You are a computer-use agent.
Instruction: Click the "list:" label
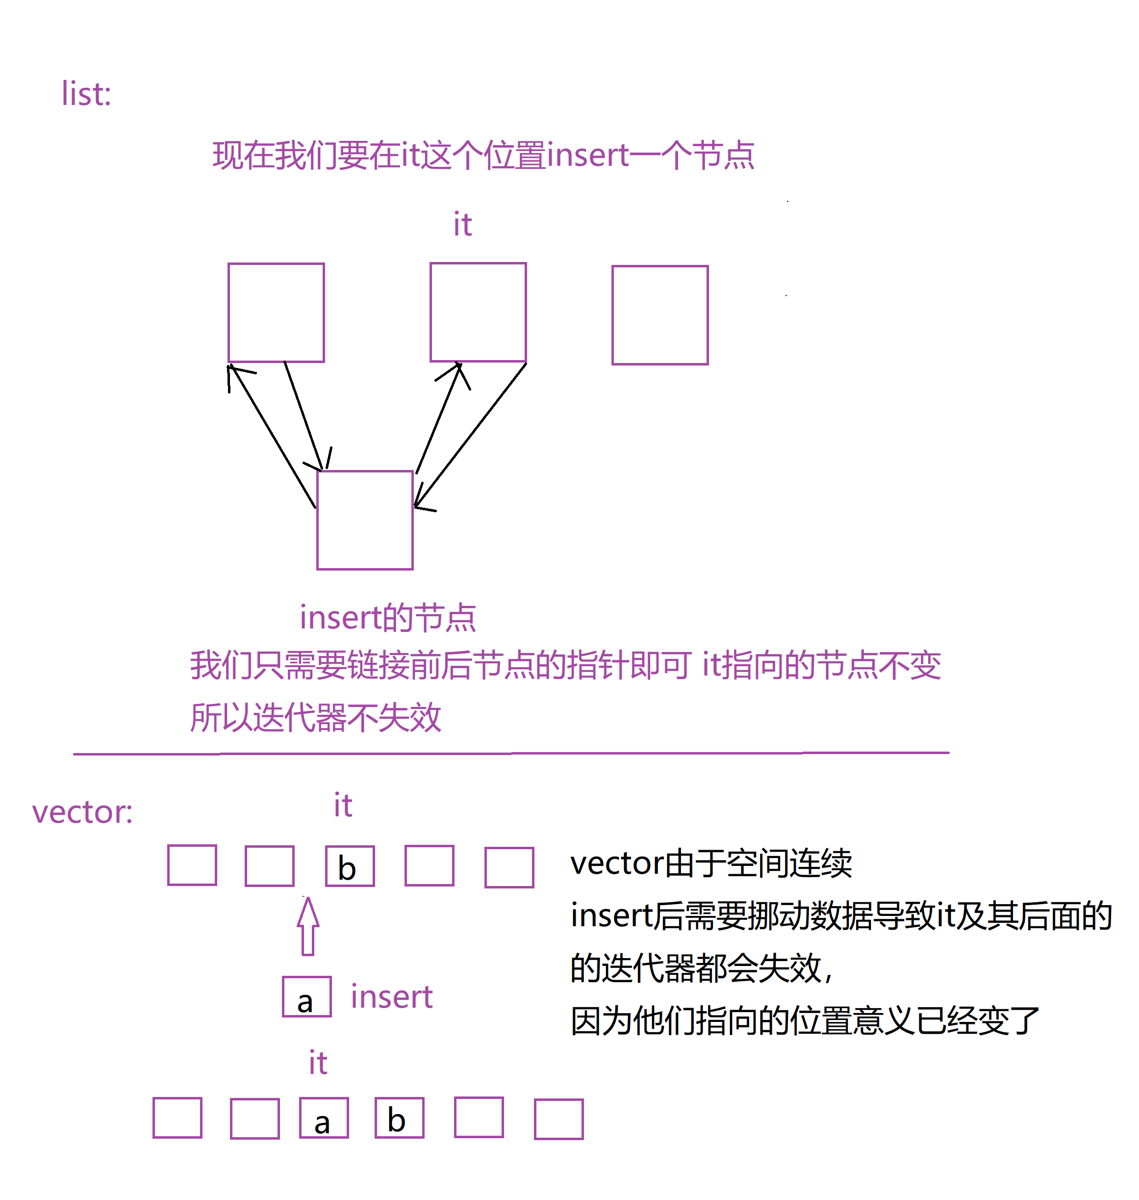click(x=86, y=94)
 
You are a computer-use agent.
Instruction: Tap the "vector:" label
click(x=82, y=812)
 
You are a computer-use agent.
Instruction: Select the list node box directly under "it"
click(x=479, y=313)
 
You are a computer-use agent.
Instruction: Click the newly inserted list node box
click(x=365, y=520)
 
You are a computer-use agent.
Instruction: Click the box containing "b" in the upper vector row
click(x=350, y=866)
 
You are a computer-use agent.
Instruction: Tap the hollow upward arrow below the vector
click(x=308, y=926)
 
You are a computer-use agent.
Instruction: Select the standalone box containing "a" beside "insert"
click(x=306, y=996)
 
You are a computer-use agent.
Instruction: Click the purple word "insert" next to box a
click(x=392, y=997)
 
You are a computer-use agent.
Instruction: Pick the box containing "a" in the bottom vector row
click(x=324, y=1118)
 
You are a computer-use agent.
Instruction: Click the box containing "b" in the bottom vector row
click(x=400, y=1118)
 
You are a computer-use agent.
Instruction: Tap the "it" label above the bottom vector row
click(x=318, y=1063)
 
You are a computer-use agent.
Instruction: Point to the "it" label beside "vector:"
click(x=343, y=805)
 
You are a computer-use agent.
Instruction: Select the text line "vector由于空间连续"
click(x=711, y=863)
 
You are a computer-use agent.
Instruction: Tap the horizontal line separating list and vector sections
click(x=511, y=754)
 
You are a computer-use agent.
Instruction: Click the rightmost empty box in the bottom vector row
click(x=558, y=1119)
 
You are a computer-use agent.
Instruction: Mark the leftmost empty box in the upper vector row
click(x=192, y=865)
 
